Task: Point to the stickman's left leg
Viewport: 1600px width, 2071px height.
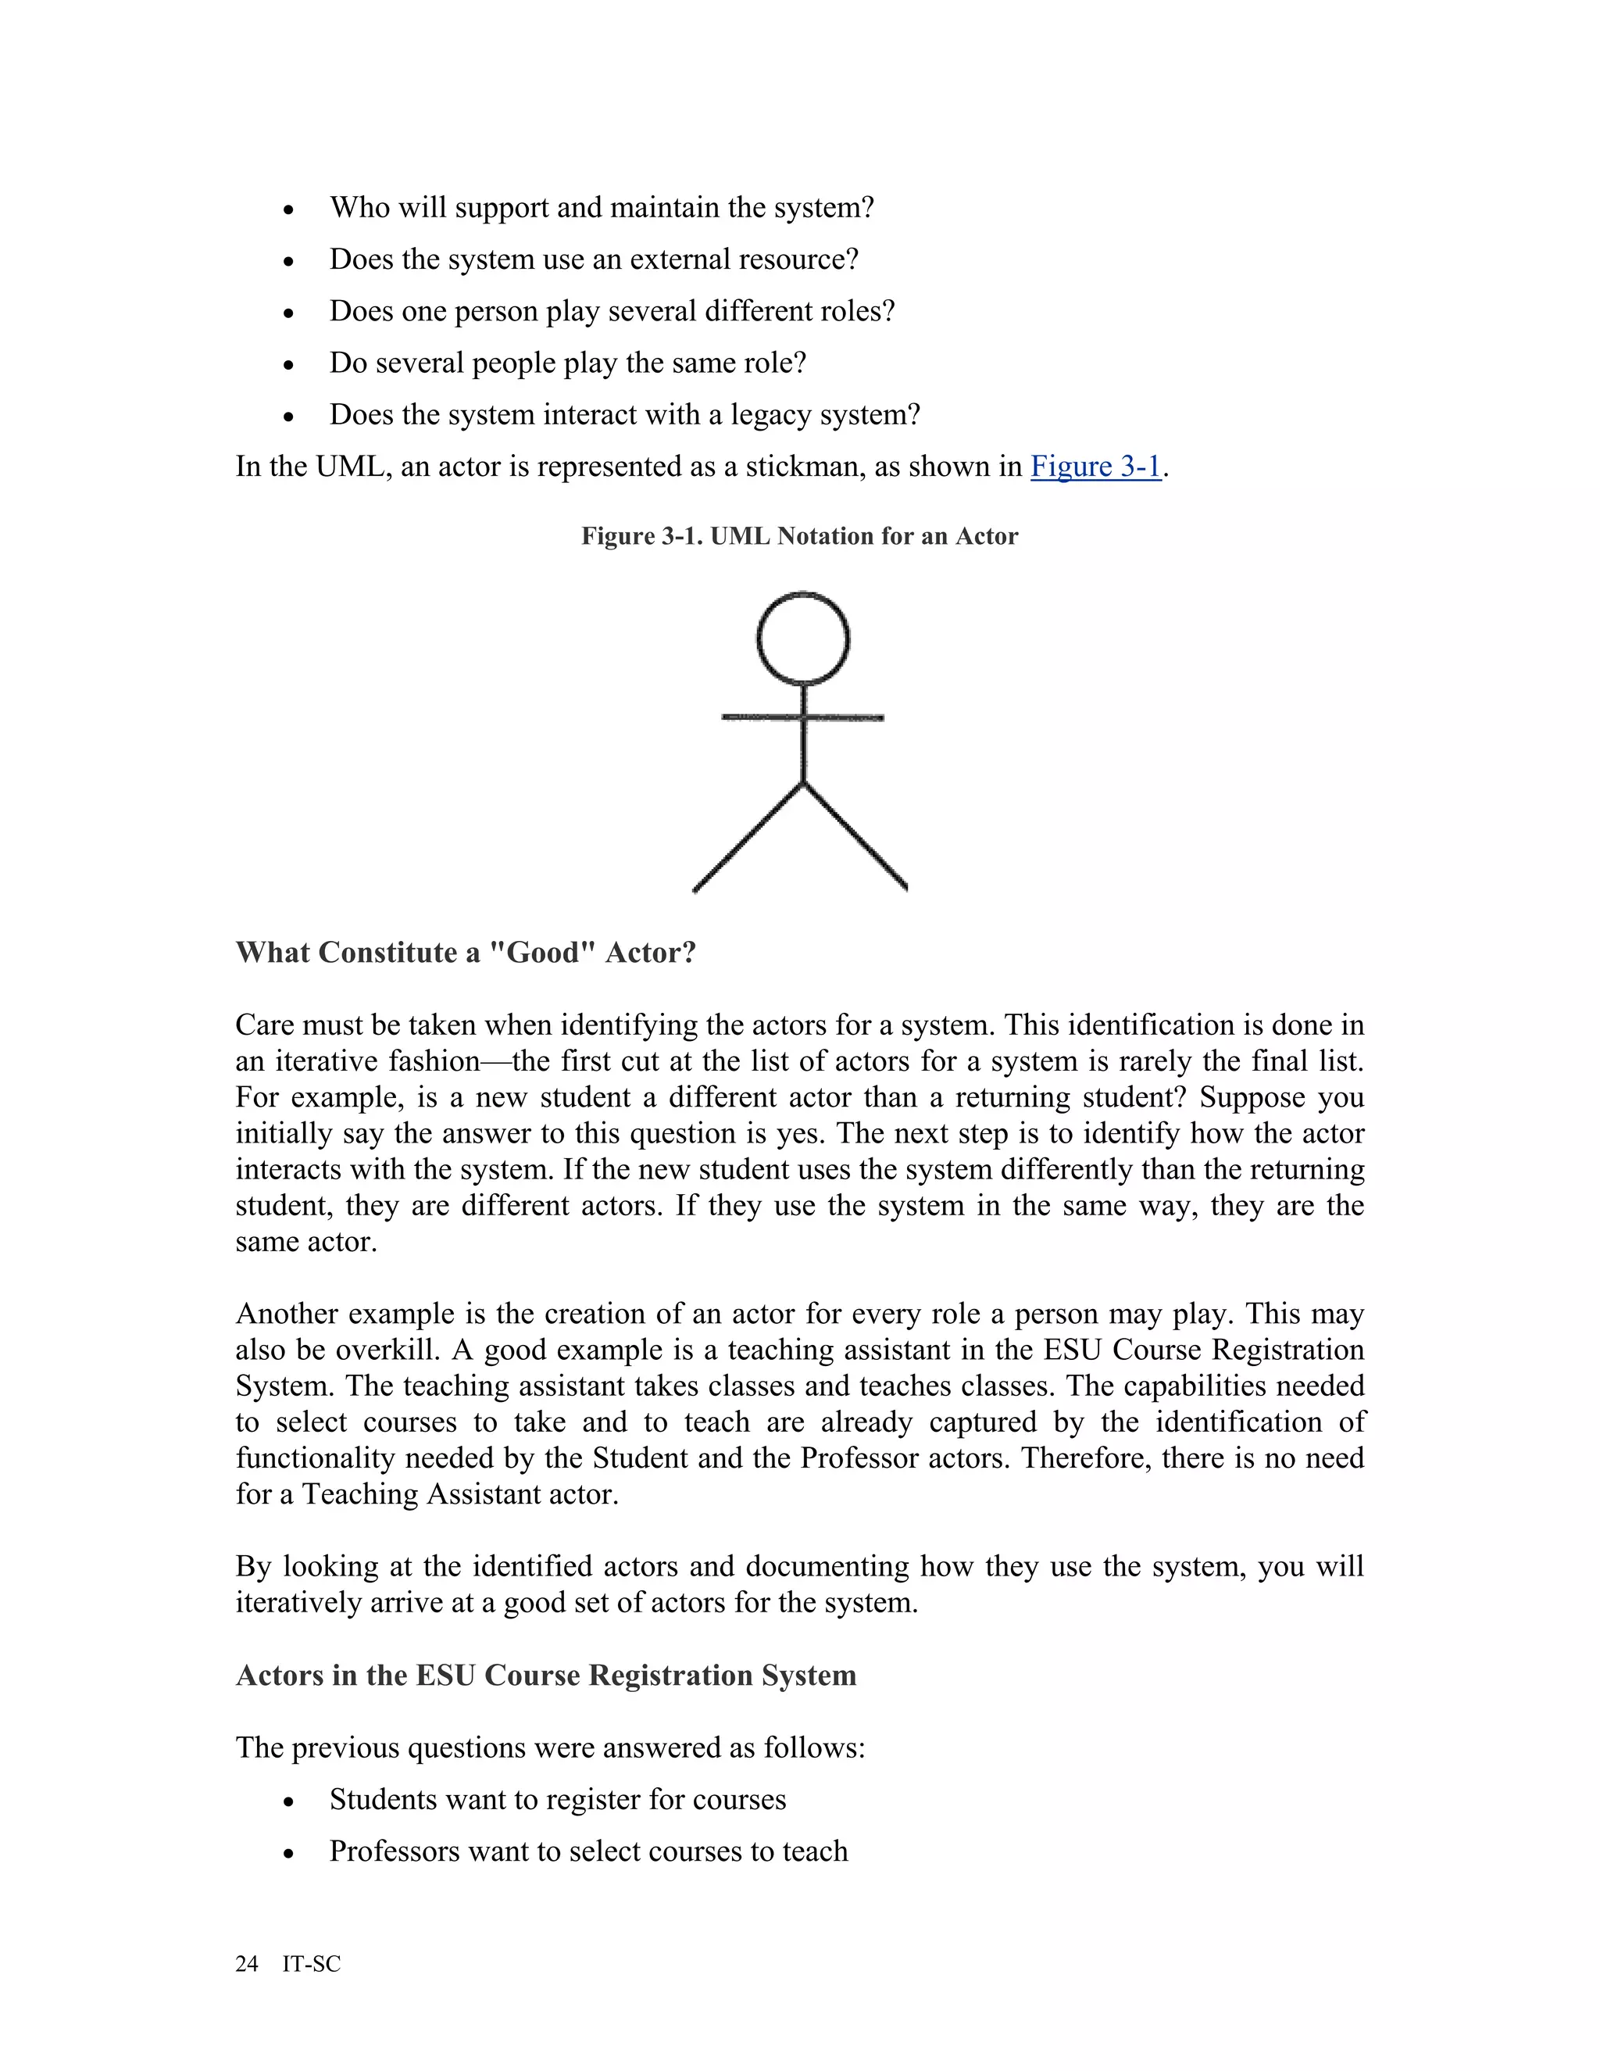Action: click(x=748, y=837)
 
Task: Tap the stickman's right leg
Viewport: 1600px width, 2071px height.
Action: click(x=856, y=837)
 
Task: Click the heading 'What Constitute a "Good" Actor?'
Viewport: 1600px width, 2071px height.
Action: click(x=466, y=952)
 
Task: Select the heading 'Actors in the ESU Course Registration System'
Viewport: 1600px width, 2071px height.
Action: click(x=545, y=1675)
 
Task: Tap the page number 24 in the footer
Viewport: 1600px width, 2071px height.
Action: click(x=246, y=1964)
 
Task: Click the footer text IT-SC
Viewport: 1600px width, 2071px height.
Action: click(x=311, y=1964)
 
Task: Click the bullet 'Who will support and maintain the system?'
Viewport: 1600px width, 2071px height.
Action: click(x=601, y=208)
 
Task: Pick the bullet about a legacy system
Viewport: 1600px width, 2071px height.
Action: click(x=625, y=415)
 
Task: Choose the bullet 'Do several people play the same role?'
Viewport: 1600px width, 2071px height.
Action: click(x=567, y=363)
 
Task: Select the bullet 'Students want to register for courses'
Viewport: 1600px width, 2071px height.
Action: click(x=557, y=1800)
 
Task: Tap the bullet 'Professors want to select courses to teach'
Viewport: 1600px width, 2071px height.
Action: click(x=587, y=1851)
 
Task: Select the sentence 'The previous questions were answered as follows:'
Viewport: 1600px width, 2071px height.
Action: click(x=550, y=1747)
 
